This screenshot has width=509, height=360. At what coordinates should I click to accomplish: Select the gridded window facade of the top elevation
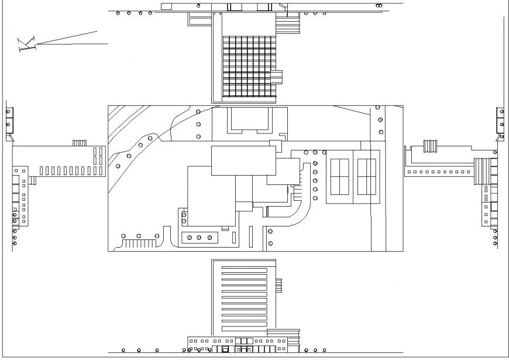click(x=248, y=67)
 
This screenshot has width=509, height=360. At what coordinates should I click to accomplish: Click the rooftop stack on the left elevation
click(x=79, y=143)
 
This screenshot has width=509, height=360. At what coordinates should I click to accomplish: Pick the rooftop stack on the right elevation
click(x=431, y=146)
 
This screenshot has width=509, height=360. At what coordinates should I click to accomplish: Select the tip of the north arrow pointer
click(x=97, y=30)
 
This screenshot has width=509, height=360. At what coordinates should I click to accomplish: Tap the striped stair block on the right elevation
click(x=481, y=170)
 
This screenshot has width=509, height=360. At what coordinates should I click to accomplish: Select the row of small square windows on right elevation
click(x=439, y=172)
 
